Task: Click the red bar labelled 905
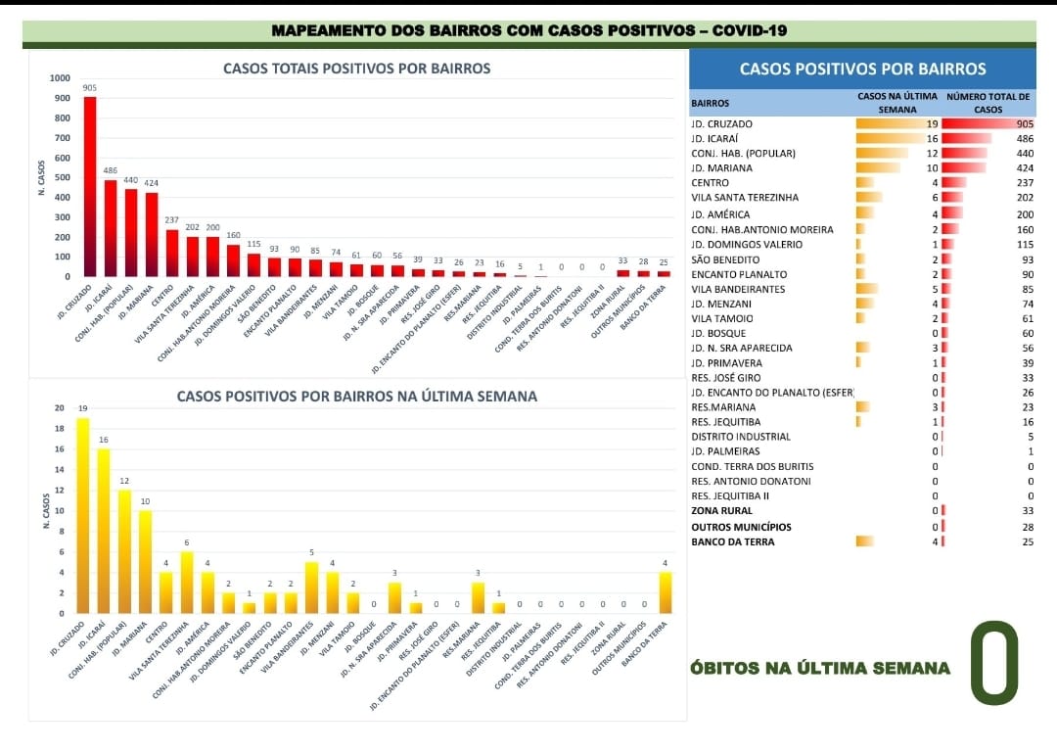click(90, 186)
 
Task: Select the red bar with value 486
click(111, 228)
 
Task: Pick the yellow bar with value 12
click(124, 551)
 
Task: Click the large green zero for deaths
click(994, 663)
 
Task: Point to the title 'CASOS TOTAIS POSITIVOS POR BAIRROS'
click(357, 69)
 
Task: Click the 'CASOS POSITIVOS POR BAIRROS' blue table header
click(862, 70)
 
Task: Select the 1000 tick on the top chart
click(60, 78)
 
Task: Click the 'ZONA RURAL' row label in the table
click(721, 511)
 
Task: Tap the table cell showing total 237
click(1024, 183)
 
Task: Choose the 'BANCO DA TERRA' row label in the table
click(733, 541)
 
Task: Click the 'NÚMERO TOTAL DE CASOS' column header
click(988, 103)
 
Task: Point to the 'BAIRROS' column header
click(710, 103)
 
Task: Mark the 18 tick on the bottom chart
click(60, 429)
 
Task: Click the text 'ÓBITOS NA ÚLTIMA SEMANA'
click(820, 669)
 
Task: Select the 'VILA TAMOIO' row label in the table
click(722, 318)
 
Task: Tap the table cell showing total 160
click(1024, 229)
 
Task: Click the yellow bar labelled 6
click(187, 583)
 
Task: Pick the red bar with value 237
click(172, 253)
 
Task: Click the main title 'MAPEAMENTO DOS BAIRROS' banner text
click(528, 31)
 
